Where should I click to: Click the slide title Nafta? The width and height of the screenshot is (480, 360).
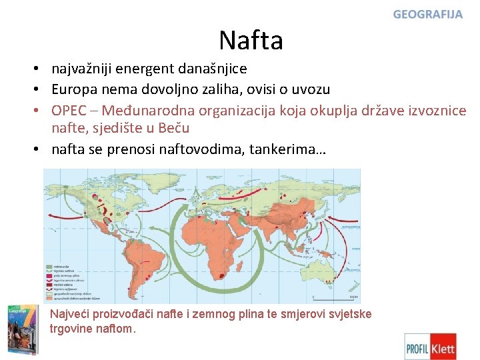point(251,41)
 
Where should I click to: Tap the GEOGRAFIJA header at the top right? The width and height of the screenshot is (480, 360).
point(427,14)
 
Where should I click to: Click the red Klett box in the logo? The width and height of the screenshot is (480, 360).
point(443,347)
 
